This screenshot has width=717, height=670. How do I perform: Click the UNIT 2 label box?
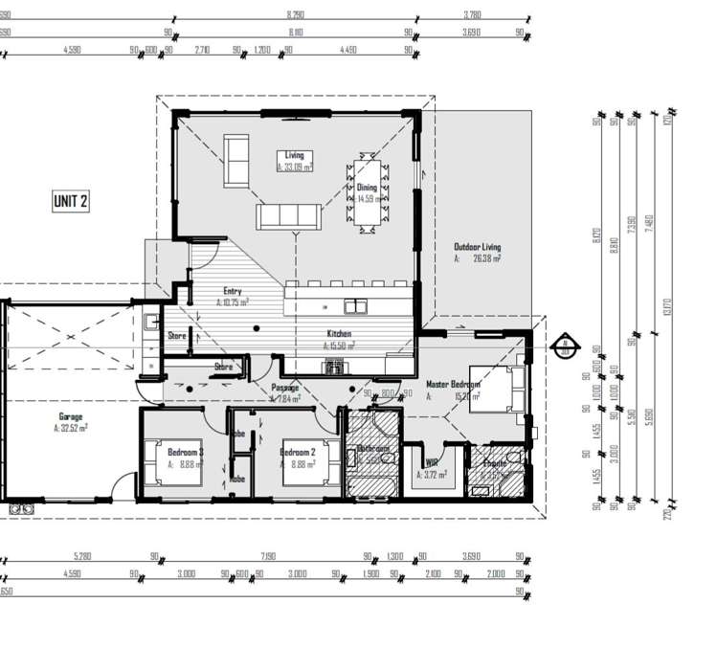click(70, 201)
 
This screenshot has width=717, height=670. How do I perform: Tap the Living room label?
click(294, 155)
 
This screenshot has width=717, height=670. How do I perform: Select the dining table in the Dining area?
click(369, 193)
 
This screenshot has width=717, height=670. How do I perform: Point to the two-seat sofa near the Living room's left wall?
click(236, 162)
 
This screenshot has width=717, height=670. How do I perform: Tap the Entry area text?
click(233, 291)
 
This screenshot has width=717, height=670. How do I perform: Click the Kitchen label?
click(340, 334)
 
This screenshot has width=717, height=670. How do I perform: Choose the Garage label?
click(70, 417)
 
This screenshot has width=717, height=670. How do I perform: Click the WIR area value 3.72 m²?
click(436, 474)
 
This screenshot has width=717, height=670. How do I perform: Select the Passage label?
click(285, 388)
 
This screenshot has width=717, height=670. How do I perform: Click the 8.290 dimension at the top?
click(296, 16)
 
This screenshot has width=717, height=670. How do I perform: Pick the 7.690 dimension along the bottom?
click(267, 556)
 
